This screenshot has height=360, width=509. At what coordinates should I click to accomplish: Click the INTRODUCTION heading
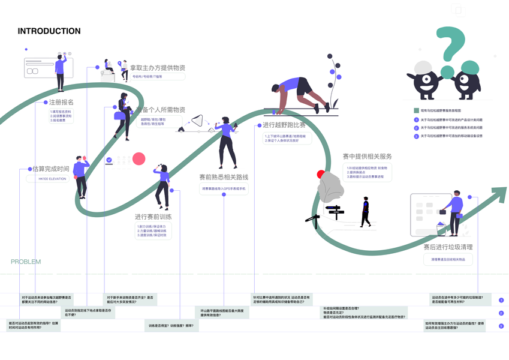click(49, 31)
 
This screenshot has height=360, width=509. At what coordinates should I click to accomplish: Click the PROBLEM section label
click(26, 262)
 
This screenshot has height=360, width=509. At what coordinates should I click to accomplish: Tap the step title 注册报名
click(61, 102)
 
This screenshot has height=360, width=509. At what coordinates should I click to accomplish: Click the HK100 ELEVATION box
click(52, 179)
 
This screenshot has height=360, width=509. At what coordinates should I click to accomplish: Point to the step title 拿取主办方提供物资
click(158, 68)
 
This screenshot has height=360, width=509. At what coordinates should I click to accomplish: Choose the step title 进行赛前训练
click(153, 216)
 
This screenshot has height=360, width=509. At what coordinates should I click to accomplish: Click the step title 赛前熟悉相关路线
click(224, 177)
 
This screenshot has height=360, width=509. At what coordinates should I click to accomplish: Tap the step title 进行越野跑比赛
click(284, 125)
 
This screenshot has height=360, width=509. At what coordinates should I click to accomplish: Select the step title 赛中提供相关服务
click(367, 157)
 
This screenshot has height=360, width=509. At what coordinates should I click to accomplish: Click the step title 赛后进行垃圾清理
click(448, 247)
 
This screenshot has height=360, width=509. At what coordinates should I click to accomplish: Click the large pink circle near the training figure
click(139, 159)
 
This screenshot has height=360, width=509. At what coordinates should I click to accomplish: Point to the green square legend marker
click(416, 111)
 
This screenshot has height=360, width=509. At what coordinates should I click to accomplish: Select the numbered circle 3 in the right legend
click(416, 136)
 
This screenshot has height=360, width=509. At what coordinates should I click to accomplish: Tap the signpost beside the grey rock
click(335, 211)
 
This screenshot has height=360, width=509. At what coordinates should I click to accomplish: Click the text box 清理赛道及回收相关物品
click(448, 259)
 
